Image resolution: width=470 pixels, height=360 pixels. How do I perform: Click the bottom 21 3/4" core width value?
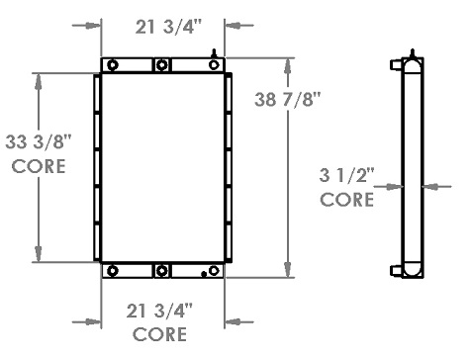(x=162, y=312)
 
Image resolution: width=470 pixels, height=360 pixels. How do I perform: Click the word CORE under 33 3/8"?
(x=38, y=166)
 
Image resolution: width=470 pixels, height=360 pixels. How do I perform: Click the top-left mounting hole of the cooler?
(x=112, y=66)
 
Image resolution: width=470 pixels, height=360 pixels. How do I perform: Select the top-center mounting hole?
(x=162, y=66)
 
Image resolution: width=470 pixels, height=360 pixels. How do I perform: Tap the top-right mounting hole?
(x=214, y=66)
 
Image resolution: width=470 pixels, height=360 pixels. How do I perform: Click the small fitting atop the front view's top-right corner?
(x=216, y=51)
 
